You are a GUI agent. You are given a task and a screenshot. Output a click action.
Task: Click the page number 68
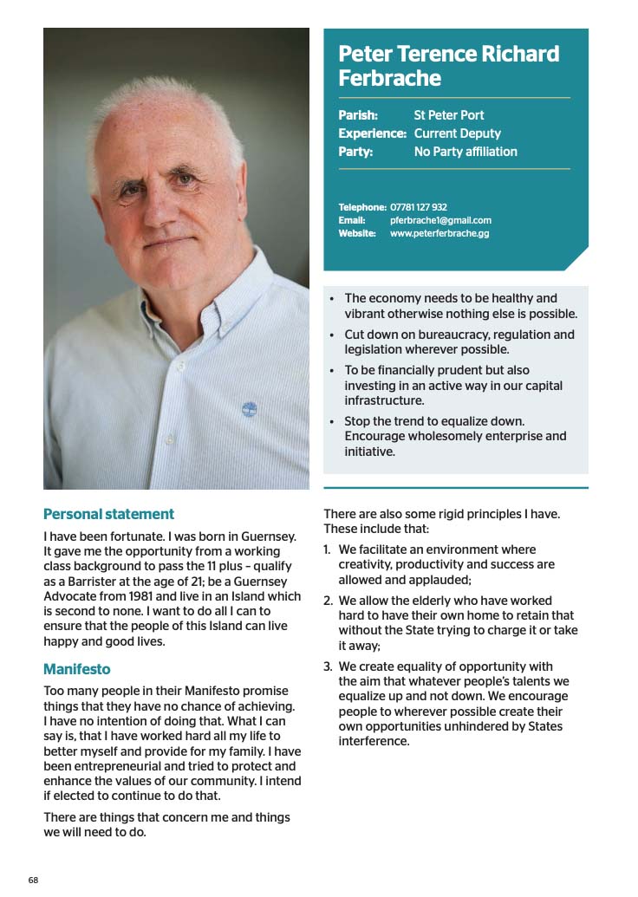pyautogui.click(x=33, y=880)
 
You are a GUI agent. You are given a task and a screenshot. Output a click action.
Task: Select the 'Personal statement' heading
pyautogui.click(x=108, y=514)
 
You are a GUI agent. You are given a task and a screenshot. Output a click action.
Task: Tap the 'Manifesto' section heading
pyautogui.click(x=77, y=669)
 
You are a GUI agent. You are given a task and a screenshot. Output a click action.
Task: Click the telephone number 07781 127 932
pyautogui.click(x=419, y=207)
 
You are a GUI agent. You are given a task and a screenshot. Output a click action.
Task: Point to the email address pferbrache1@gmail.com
pyautogui.click(x=440, y=220)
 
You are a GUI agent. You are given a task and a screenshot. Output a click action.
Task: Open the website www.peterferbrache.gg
pyautogui.click(x=439, y=233)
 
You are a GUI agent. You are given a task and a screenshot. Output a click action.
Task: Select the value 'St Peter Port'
pyautogui.click(x=449, y=114)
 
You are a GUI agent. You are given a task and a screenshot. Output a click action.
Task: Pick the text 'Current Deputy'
pyautogui.click(x=458, y=133)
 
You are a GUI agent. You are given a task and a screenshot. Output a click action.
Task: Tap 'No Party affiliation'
pyautogui.click(x=465, y=152)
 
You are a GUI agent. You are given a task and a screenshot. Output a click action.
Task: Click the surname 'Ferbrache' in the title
pyautogui.click(x=389, y=79)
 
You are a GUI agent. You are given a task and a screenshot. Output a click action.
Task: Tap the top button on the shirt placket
pyautogui.click(x=181, y=365)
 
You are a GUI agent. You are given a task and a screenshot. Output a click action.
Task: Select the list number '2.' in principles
pyautogui.click(x=329, y=601)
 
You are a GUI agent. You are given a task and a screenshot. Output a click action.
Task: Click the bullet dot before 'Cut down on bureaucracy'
pyautogui.click(x=332, y=335)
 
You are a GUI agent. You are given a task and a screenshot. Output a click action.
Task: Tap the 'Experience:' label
pyautogui.click(x=372, y=133)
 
